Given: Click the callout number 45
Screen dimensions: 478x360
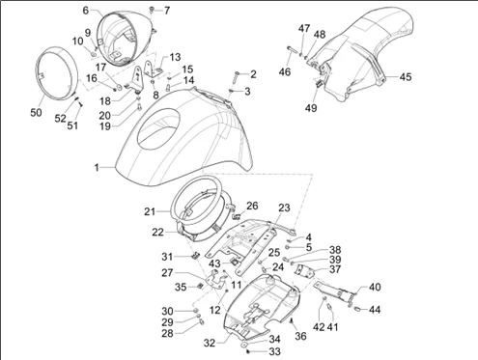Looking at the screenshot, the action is click(x=406, y=77).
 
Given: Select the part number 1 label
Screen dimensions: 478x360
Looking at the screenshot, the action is click(x=97, y=168).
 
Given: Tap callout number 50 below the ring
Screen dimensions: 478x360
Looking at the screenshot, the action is click(x=36, y=113).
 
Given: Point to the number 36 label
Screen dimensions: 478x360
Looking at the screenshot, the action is click(x=300, y=336).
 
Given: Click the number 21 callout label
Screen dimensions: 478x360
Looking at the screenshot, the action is click(x=150, y=211).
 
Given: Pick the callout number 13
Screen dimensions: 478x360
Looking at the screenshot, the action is click(x=175, y=57).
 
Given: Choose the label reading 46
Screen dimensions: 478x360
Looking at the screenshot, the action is click(x=285, y=71).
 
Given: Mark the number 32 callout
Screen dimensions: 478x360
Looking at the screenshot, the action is click(x=210, y=343).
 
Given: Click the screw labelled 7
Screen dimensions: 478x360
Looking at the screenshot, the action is click(x=152, y=11).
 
